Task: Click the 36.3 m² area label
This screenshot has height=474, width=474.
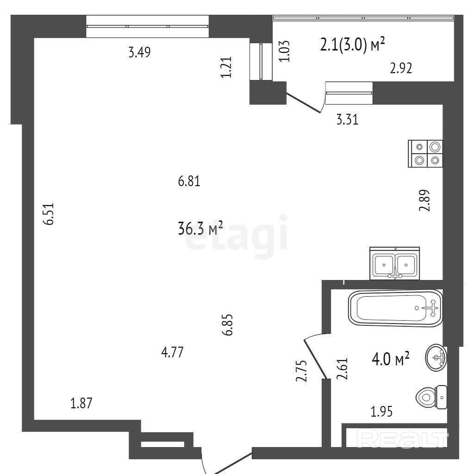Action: pyautogui.click(x=200, y=229)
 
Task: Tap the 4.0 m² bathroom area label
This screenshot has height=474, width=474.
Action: pyautogui.click(x=391, y=359)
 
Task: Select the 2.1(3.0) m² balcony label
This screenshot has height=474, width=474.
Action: pyautogui.click(x=352, y=45)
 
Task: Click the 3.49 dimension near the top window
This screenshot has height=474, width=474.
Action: pyautogui.click(x=139, y=52)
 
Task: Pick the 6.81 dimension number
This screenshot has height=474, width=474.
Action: pyautogui.click(x=189, y=181)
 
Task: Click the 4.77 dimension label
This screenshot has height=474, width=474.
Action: pyautogui.click(x=172, y=352)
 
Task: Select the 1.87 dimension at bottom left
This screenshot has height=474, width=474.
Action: pyautogui.click(x=81, y=403)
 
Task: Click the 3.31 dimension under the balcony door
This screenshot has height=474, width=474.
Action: pyautogui.click(x=347, y=119)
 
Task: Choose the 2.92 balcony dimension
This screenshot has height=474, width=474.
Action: pyautogui.click(x=401, y=69)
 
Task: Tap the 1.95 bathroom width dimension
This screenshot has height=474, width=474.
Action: pyautogui.click(x=381, y=412)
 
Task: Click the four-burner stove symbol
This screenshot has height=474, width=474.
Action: pyautogui.click(x=425, y=154)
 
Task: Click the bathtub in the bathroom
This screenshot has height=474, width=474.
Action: pyautogui.click(x=395, y=308)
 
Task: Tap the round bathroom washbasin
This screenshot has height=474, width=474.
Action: pyautogui.click(x=436, y=358)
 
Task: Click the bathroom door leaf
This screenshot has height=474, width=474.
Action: pyautogui.click(x=316, y=359)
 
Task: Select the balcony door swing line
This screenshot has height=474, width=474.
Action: pyautogui.click(x=304, y=103)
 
